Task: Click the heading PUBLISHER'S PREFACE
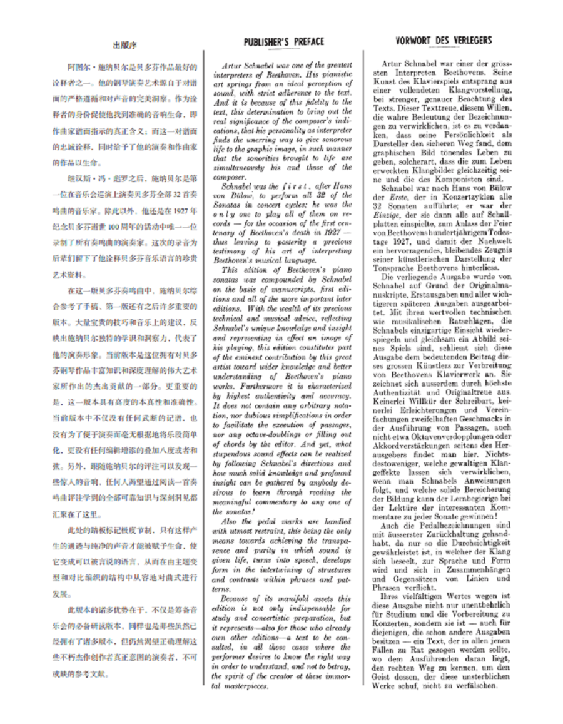(283, 42)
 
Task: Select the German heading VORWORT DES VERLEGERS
(444, 41)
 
